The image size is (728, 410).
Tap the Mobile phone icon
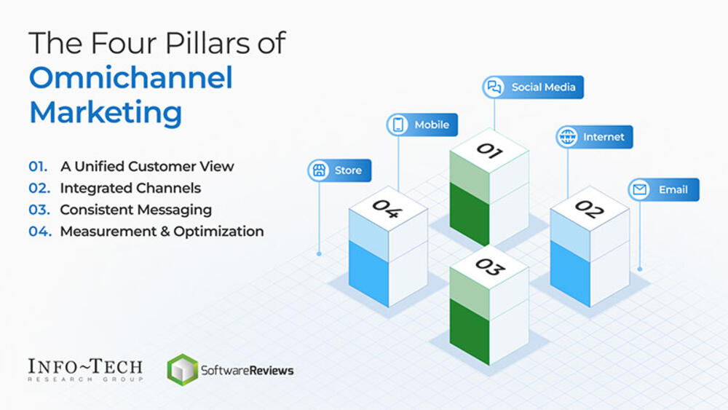coord(398,125)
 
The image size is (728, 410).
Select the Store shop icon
coord(318,170)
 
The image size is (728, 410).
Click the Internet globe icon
coord(566,137)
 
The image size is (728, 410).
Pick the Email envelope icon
coord(640,190)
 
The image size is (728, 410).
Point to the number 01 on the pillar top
coord(489,151)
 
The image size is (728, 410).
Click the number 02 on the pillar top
coord(589,209)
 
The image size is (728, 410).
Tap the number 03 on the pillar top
coord(489,267)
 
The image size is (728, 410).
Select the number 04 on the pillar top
coord(387,209)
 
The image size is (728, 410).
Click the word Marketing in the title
coord(106,113)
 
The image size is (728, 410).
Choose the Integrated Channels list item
coord(130,188)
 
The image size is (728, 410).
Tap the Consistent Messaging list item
coord(135,210)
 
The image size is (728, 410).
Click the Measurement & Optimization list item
coord(162,232)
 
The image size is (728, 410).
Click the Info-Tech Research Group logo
coord(85,369)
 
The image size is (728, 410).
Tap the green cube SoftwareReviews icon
coord(182,369)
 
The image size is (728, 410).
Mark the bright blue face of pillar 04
coord(368,273)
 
